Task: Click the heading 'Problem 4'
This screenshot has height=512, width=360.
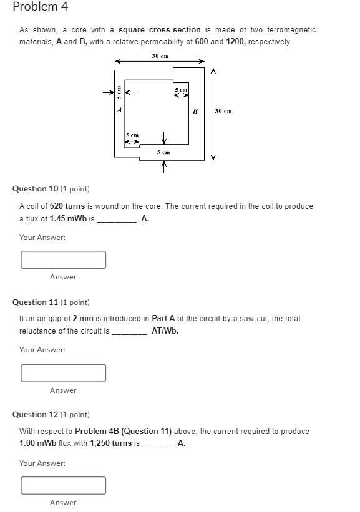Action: coord(40,7)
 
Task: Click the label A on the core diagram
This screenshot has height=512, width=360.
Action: coord(120,110)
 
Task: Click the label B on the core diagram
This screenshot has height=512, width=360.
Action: coord(195,111)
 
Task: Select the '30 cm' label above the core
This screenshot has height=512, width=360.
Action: coord(160,56)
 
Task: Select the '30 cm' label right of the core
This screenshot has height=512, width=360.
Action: coord(223,111)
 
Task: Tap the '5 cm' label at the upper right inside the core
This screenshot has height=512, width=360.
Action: coord(180,90)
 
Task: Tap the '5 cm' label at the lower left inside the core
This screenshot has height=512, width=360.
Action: coord(132,135)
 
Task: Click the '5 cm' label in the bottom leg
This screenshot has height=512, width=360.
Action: coord(163,151)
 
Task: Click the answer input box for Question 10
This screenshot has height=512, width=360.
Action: coord(63,259)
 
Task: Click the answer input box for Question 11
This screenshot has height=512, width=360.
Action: coord(63,373)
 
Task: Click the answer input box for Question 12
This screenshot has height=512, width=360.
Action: coord(63,485)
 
